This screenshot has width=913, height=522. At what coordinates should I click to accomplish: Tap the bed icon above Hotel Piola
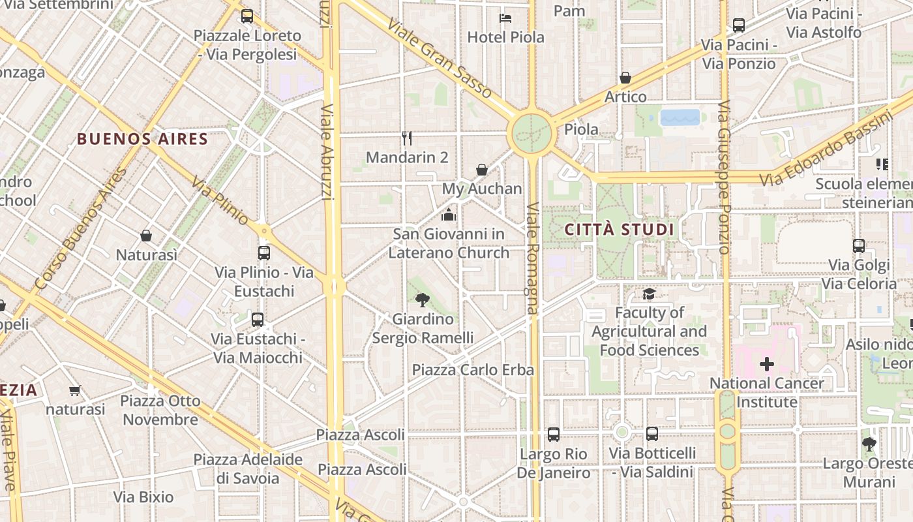[505, 18]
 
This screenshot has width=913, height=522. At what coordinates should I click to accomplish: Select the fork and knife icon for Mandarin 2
[407, 138]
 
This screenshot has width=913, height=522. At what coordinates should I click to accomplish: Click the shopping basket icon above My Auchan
[482, 170]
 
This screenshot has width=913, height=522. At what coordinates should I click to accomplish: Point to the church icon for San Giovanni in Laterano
[449, 214]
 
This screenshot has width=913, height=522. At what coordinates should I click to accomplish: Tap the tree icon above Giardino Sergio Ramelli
[423, 299]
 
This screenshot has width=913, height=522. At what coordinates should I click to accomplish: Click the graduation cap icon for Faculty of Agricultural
[649, 294]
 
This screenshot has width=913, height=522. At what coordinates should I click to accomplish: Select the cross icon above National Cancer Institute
[767, 363]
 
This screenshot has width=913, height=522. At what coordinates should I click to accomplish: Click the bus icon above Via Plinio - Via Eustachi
[264, 253]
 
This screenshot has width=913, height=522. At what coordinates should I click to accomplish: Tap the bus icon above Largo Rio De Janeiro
[554, 434]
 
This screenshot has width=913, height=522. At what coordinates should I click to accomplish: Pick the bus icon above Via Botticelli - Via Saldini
[651, 433]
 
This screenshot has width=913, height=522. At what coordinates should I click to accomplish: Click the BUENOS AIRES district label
[143, 139]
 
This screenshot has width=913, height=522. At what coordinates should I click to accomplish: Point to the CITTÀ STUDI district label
[619, 230]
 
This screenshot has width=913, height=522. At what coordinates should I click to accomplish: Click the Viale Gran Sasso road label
[439, 58]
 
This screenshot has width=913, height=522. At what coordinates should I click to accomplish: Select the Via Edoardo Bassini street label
[828, 149]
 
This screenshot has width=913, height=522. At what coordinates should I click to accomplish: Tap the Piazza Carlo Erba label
[473, 370]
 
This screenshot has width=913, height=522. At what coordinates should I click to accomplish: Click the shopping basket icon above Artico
[625, 78]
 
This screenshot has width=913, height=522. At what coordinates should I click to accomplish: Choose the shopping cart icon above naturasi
[74, 390]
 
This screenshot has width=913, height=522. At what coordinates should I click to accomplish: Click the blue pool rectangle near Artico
[680, 117]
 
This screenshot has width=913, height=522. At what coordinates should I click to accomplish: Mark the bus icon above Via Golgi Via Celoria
[859, 246]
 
